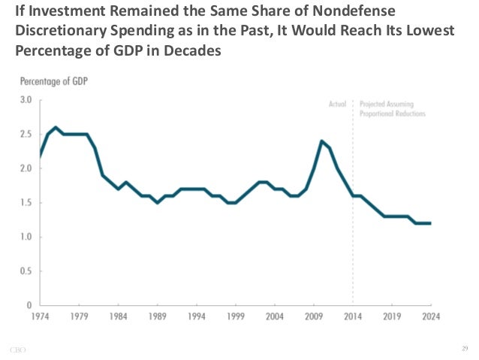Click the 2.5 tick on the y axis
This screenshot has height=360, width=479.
point(26,134)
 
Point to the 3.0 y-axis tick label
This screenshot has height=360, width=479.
point(26,99)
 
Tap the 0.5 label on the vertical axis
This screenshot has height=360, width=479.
point(26,271)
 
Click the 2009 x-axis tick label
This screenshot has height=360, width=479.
point(315,316)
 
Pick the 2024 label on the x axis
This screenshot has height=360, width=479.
point(430,316)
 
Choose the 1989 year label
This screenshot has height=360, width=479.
point(157,316)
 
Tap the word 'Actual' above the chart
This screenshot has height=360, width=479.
point(338,104)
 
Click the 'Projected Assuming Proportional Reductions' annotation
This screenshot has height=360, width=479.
point(392,109)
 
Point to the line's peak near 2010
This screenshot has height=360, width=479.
point(321,141)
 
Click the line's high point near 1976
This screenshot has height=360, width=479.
point(56,127)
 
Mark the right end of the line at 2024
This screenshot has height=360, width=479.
point(430,223)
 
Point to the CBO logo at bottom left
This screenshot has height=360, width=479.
point(19,349)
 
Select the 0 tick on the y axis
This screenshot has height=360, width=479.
point(29,306)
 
